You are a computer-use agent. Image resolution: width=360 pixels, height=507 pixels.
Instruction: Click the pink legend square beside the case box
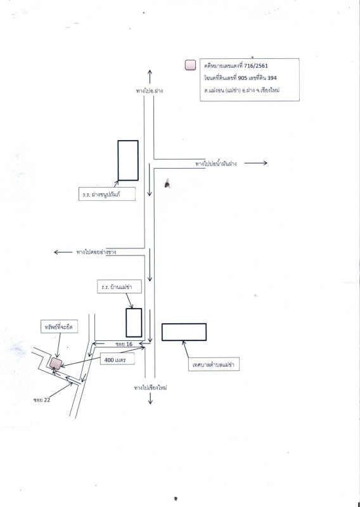click(x=190, y=65)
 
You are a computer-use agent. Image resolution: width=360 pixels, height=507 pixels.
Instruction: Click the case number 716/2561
click(x=256, y=66)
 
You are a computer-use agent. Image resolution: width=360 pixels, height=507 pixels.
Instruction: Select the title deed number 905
click(x=242, y=78)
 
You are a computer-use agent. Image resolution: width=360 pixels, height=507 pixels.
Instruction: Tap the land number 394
click(x=272, y=78)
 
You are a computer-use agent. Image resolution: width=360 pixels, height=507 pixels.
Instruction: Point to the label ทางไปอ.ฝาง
click(x=150, y=91)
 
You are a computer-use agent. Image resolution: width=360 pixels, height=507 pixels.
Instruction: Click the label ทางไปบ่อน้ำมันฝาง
click(x=215, y=164)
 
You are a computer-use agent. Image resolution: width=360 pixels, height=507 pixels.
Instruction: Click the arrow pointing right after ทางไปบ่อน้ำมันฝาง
click(x=255, y=163)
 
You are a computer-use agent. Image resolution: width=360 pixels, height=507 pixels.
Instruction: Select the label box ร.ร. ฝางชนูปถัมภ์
click(x=106, y=194)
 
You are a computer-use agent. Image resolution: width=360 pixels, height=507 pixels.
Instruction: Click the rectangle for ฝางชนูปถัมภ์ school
click(x=128, y=160)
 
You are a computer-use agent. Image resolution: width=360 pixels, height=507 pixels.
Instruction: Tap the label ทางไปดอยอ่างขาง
click(x=96, y=252)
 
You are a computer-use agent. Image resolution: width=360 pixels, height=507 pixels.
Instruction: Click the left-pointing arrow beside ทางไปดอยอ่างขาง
click(x=63, y=252)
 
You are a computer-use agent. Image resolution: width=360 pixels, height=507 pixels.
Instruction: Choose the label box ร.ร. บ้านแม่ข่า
click(x=119, y=286)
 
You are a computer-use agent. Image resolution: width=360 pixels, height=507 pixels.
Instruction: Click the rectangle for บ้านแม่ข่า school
click(x=134, y=323)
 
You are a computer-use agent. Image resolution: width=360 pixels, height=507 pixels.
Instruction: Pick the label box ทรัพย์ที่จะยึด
click(x=59, y=326)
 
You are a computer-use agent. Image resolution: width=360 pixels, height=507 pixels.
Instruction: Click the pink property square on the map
click(x=56, y=363)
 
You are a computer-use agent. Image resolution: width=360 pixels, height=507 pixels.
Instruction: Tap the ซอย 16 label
click(x=124, y=344)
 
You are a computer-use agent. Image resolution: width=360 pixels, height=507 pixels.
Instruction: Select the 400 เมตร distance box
click(x=117, y=359)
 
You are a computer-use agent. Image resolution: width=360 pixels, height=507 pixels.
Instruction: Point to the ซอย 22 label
click(x=42, y=400)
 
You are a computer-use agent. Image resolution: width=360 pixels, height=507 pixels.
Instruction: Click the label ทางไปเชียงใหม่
click(x=150, y=388)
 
